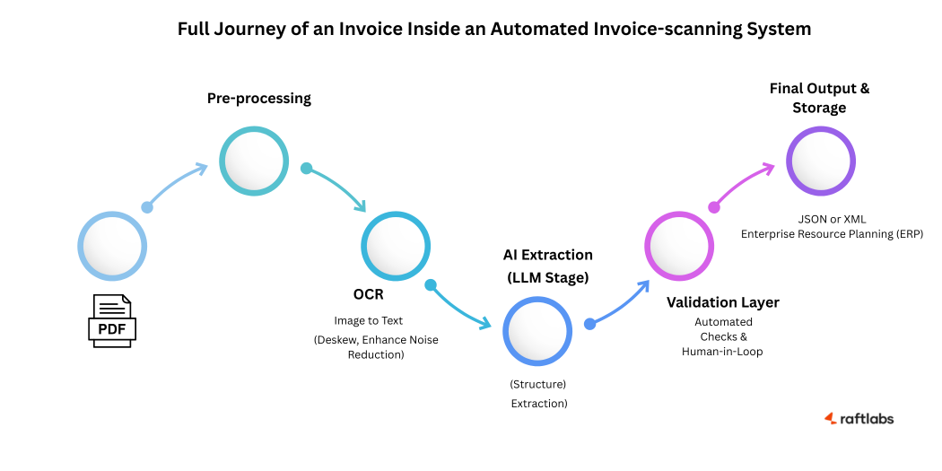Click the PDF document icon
[x=111, y=319]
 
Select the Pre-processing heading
[x=259, y=99]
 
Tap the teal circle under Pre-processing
[x=256, y=162]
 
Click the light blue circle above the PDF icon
[x=112, y=246]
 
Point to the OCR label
[x=369, y=294]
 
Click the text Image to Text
[x=369, y=320]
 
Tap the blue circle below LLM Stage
[x=537, y=332]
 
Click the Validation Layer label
[x=722, y=302]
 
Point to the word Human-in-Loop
[x=723, y=352]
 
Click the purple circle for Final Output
[x=820, y=162]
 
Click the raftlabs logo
[x=859, y=418]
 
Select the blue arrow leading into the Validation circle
[x=619, y=305]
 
